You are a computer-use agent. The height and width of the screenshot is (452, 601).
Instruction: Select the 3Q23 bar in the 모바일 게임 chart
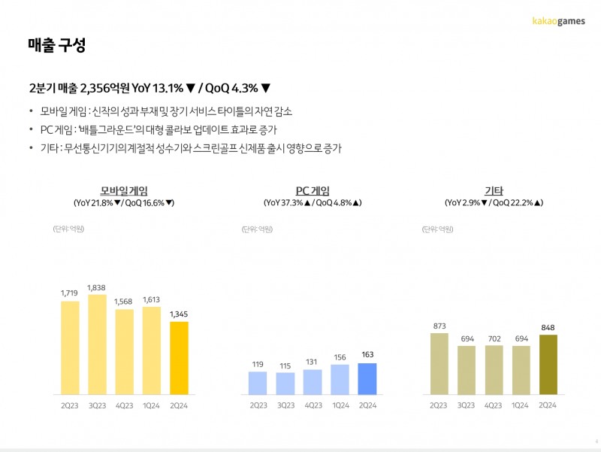coord(97,344)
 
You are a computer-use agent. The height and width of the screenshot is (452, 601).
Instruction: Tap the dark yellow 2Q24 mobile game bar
coord(180,358)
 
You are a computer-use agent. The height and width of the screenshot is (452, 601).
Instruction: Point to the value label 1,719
coord(70,292)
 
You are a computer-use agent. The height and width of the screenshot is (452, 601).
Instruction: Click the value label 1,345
coord(180,313)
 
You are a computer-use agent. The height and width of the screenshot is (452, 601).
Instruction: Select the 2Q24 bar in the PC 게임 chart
coord(367,379)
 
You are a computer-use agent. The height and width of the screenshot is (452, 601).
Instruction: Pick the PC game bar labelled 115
coord(285,384)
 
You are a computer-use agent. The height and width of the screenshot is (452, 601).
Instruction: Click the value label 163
coord(367,354)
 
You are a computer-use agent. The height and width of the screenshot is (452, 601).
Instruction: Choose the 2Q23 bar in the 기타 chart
coord(439,364)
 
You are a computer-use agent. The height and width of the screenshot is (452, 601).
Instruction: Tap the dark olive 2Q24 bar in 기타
coord(548,365)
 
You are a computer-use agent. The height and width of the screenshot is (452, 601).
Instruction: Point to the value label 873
coord(439,325)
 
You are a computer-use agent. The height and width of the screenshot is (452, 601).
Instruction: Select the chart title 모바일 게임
coord(123,190)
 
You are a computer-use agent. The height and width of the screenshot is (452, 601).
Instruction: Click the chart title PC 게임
coord(313,190)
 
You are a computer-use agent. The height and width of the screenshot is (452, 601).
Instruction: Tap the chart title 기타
coord(494,190)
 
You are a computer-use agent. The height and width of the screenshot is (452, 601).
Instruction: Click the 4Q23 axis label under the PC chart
coord(313,405)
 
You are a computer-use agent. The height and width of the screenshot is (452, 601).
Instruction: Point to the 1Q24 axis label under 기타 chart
coord(521,405)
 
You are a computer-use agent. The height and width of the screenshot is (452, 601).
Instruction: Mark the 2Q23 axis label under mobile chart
coord(70,405)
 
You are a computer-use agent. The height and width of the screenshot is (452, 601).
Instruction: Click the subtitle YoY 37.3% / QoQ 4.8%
coord(313,203)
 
